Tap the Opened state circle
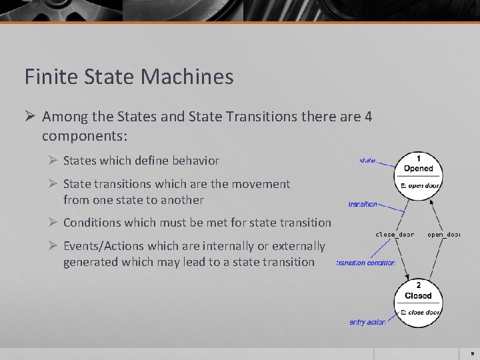tap(418, 172)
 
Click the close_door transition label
tap(395, 235)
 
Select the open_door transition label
tap(444, 235)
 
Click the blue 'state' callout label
tap(368, 160)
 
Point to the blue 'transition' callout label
tap(363, 204)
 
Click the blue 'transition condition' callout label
tap(365, 263)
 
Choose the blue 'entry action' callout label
tap(367, 322)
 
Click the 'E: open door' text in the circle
tap(420, 185)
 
